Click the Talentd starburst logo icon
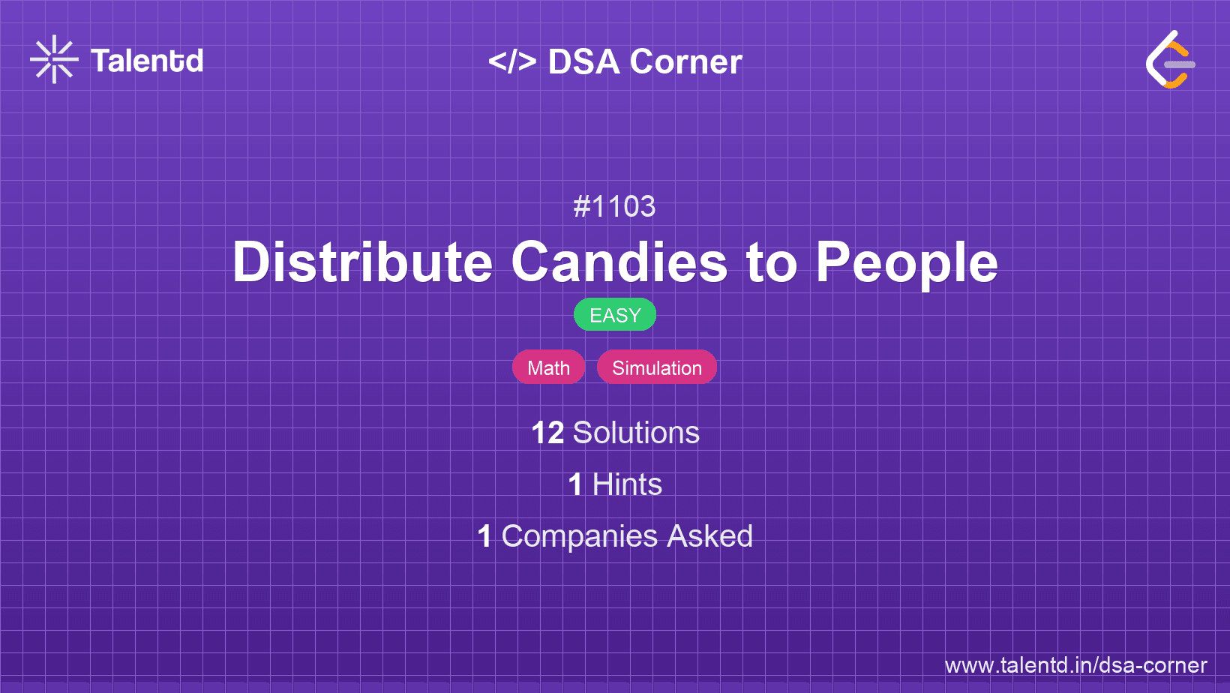click(54, 59)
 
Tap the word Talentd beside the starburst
click(147, 61)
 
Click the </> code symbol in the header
click(512, 61)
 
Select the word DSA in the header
click(583, 61)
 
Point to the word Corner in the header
click(685, 61)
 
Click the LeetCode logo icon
click(1170, 59)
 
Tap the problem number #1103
click(614, 206)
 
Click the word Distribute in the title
click(362, 262)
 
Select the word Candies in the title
click(619, 262)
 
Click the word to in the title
click(772, 263)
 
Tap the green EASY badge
click(615, 315)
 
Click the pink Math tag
click(548, 367)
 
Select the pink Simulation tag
click(657, 367)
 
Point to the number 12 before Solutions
click(547, 433)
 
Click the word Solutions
click(637, 433)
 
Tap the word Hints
click(627, 484)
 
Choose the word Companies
click(579, 536)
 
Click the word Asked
click(709, 536)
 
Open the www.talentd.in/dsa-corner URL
click(1075, 665)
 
